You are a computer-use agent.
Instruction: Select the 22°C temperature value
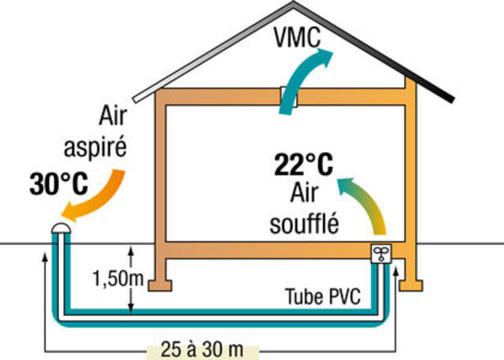[x=303, y=165]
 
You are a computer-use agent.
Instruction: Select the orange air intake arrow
[x=94, y=192]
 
